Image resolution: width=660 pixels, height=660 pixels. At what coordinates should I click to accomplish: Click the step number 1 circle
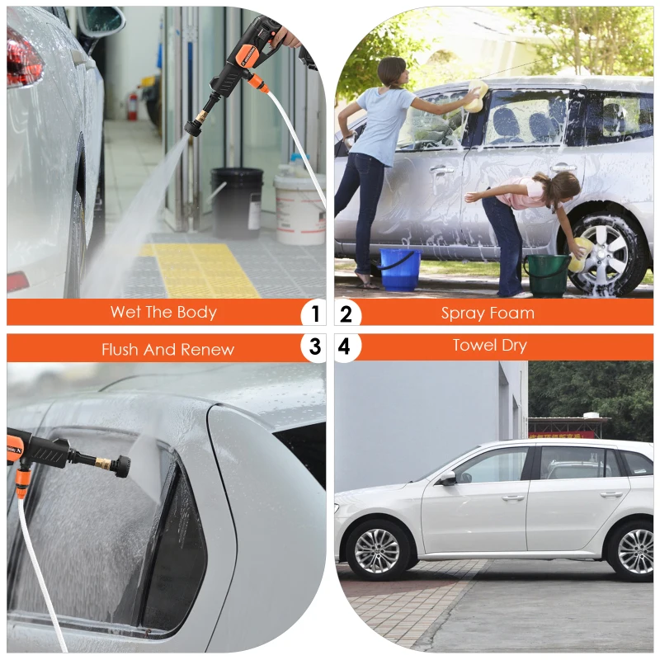pos(314,313)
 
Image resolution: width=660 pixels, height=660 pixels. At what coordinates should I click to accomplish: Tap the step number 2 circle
pos(346,313)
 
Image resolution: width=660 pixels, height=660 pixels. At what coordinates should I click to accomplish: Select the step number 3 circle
pos(314,347)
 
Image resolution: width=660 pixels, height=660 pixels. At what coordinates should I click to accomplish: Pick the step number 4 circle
pos(345,347)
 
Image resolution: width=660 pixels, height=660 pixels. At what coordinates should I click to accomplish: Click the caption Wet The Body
pos(163,312)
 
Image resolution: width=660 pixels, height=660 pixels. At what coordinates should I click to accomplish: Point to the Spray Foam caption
pos(488,313)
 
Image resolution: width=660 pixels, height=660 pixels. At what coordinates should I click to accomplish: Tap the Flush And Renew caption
pos(167,349)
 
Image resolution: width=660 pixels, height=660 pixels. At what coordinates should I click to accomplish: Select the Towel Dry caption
pos(489,345)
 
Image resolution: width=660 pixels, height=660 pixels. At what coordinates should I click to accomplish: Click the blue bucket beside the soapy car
pos(399,269)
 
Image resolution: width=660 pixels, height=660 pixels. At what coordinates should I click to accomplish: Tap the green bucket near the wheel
pos(548,276)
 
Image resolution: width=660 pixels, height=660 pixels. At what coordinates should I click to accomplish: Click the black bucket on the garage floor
pos(237,202)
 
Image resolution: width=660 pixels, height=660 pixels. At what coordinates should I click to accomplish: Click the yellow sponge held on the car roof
pos(474,97)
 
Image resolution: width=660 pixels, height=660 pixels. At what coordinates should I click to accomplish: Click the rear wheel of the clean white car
pos(634,550)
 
